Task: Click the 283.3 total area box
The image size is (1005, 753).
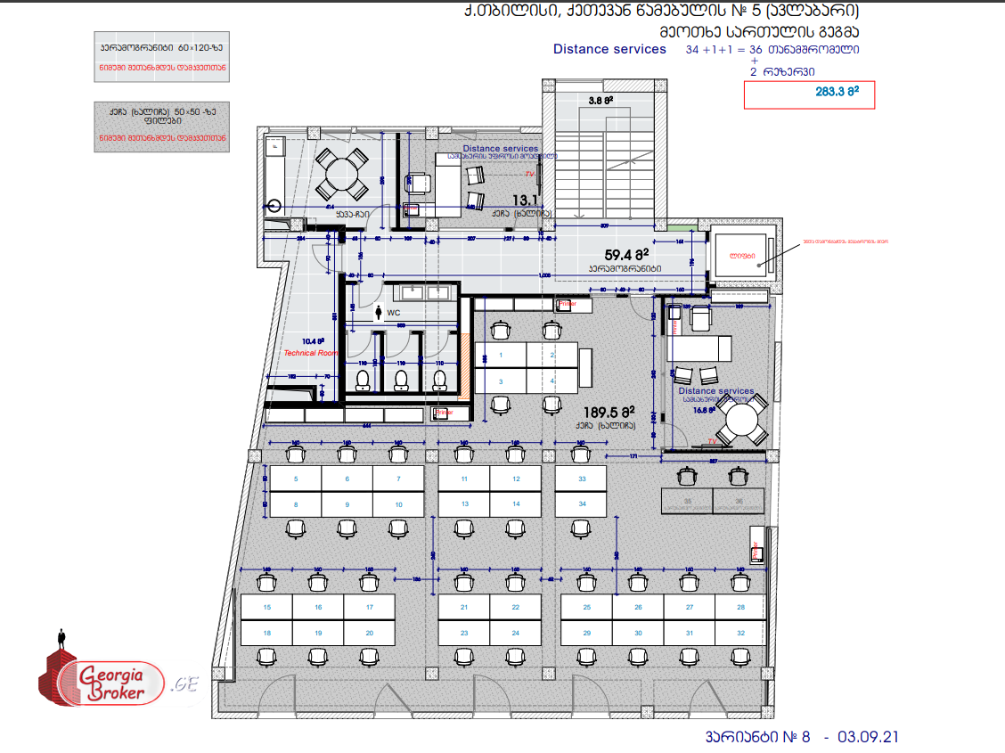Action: pyautogui.click(x=809, y=93)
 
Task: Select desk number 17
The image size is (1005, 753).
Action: pyautogui.click(x=371, y=608)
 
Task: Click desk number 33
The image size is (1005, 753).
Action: pyautogui.click(x=582, y=479)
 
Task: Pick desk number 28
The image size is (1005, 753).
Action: pyautogui.click(x=740, y=608)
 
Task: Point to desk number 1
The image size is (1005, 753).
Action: pyautogui.click(x=501, y=355)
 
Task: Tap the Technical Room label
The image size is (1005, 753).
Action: pyautogui.click(x=311, y=353)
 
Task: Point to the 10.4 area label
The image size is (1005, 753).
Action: pyautogui.click(x=313, y=340)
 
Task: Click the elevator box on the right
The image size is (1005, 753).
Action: pyautogui.click(x=741, y=258)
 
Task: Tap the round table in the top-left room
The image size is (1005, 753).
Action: pyautogui.click(x=343, y=175)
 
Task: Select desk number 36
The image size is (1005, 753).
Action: pyautogui.click(x=739, y=502)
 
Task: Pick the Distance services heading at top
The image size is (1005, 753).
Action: pyautogui.click(x=609, y=49)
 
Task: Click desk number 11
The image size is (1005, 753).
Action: pyautogui.click(x=464, y=479)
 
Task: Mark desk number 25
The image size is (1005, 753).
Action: pyautogui.click(x=586, y=608)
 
